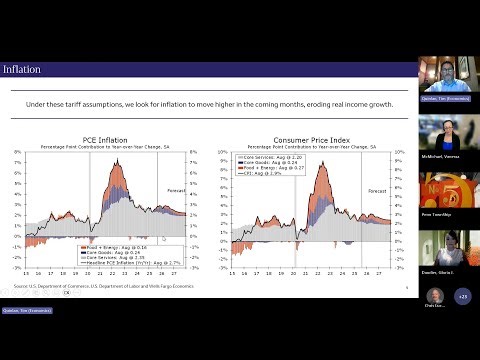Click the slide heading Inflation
[22, 69]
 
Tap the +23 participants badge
[462, 296]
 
